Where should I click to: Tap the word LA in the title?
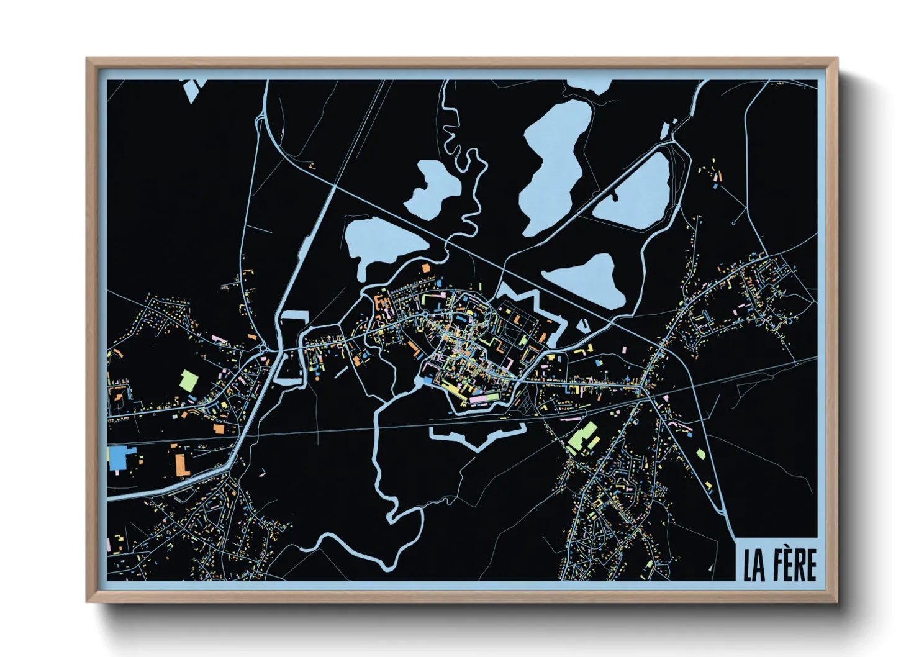coord(754,566)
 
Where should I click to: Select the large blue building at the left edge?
coord(117,458)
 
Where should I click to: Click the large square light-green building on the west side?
coord(188,379)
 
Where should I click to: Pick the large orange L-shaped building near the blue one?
coord(181,463)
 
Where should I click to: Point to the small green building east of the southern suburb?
coord(700,454)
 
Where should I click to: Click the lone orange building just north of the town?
coord(426,268)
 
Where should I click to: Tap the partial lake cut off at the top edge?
coord(590,86)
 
